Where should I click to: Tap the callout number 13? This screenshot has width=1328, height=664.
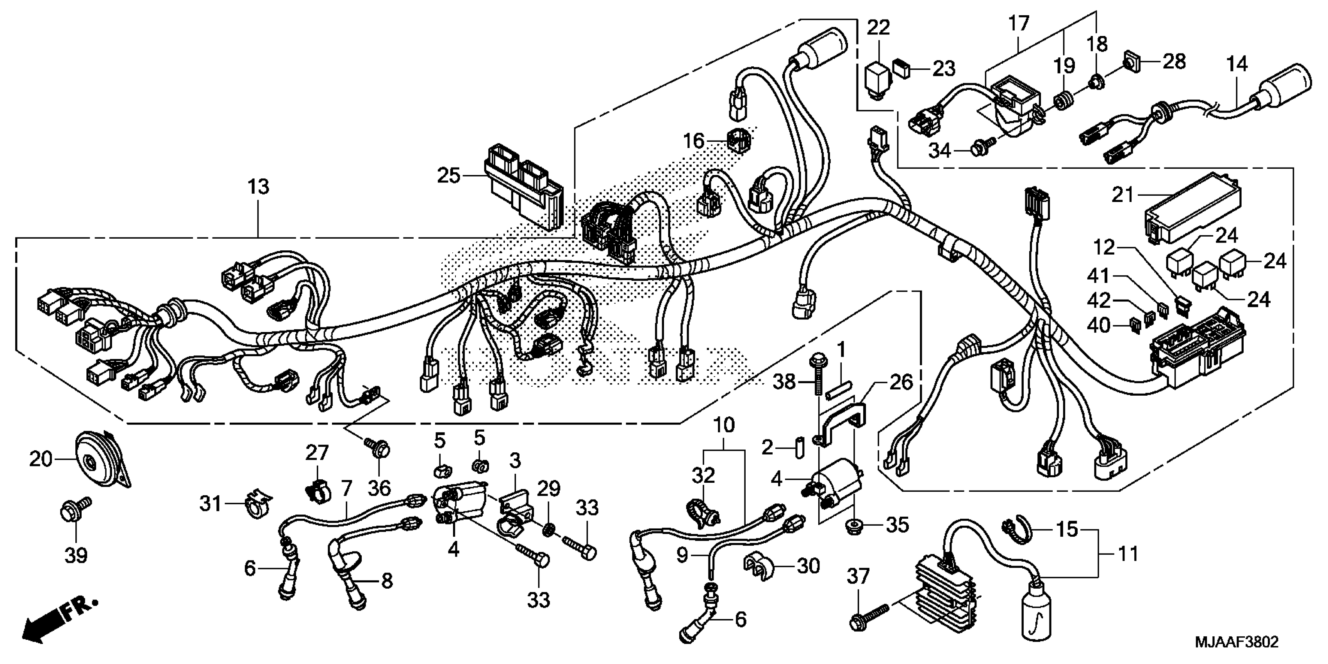click(258, 187)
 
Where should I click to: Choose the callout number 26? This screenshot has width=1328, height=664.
click(901, 382)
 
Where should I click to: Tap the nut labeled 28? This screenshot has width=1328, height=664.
click(1132, 63)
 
